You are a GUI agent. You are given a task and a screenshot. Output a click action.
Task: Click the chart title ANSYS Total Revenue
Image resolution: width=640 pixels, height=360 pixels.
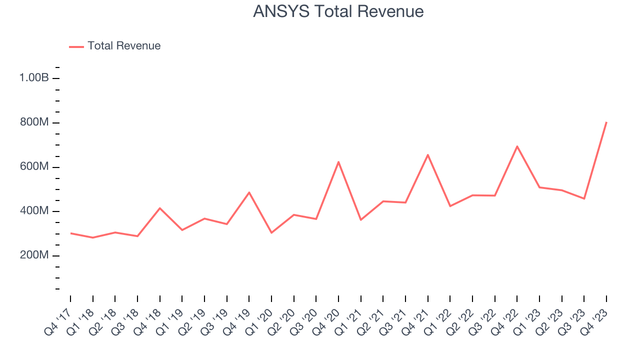click(x=338, y=11)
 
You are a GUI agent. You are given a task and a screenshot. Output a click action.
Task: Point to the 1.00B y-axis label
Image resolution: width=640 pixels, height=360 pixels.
click(x=34, y=78)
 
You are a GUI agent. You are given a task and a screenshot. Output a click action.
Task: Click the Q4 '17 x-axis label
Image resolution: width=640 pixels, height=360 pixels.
click(x=58, y=322)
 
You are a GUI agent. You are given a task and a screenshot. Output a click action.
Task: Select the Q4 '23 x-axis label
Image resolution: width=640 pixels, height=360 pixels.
click(x=594, y=322)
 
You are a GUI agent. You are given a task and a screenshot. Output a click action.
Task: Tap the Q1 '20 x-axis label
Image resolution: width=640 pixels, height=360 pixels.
click(x=259, y=322)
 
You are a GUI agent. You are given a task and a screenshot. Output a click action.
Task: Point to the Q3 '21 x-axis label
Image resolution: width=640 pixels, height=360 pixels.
click(x=393, y=322)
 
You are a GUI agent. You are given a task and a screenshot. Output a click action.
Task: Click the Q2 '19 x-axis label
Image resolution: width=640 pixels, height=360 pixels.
click(x=192, y=322)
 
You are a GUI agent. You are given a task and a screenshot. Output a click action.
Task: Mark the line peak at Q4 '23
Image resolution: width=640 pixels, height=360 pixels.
click(x=606, y=122)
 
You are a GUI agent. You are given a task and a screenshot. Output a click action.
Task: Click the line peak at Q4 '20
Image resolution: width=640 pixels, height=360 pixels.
click(x=338, y=162)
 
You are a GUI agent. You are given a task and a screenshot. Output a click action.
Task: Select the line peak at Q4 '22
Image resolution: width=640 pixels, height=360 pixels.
click(x=517, y=146)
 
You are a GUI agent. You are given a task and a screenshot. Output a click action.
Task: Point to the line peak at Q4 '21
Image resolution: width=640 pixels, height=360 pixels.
click(x=428, y=155)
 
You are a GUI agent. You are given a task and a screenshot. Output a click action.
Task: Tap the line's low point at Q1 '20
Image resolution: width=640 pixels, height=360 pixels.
click(x=271, y=232)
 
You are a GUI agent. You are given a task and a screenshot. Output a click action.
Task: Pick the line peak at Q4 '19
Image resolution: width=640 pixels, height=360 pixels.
click(x=249, y=192)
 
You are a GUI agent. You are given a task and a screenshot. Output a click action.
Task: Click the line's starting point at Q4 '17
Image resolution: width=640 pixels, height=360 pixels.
click(x=70, y=233)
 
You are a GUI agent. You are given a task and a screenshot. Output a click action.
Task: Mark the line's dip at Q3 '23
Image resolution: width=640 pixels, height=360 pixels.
click(x=584, y=198)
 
